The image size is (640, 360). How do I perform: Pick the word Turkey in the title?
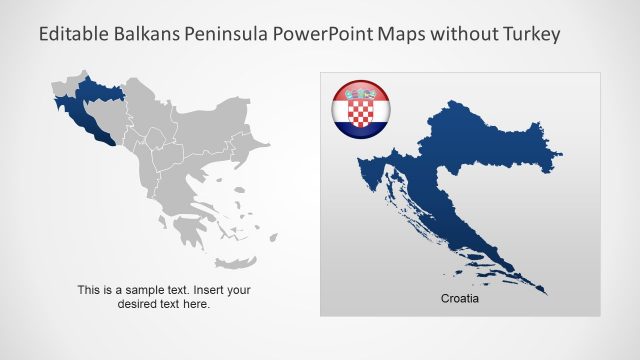(x=531, y=34)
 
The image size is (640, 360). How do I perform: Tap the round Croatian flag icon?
(x=361, y=110)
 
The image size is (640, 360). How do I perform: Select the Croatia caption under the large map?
(x=461, y=298)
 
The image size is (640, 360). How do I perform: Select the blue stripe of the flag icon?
(x=361, y=129)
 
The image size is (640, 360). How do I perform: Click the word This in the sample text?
(x=89, y=290)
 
